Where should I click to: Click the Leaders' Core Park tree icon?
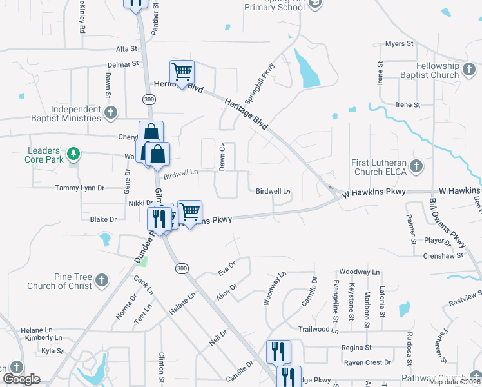pyautogui.click(x=74, y=153)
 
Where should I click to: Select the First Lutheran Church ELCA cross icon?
pyautogui.click(x=416, y=167)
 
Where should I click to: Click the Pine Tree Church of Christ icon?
pyautogui.click(x=101, y=280)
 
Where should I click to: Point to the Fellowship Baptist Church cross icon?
pyautogui.click(x=468, y=66)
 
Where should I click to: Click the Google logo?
pyautogui.click(x=21, y=380)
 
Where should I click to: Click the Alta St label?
pyautogui.click(x=126, y=48)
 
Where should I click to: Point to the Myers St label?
pyautogui.click(x=399, y=43)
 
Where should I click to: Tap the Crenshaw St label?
pyautogui.click(x=444, y=256)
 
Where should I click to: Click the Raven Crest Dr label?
pyautogui.click(x=368, y=362)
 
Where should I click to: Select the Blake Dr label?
pyautogui.click(x=103, y=219)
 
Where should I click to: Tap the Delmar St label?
pyautogui.click(x=123, y=64)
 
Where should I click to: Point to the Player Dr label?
pyautogui.click(x=438, y=241)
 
